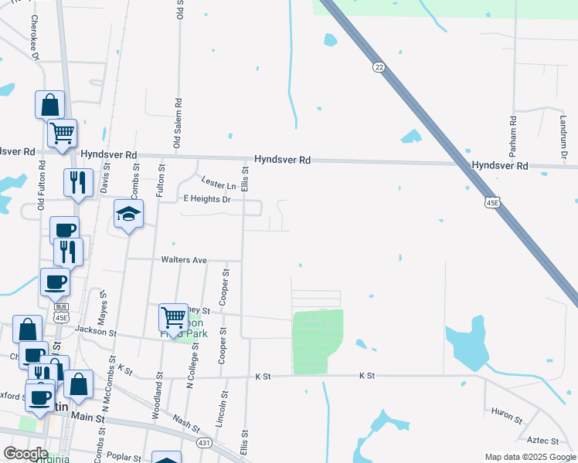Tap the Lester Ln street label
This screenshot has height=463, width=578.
click(219, 186)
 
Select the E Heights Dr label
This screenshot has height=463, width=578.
click(206, 199)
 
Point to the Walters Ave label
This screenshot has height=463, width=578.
click(183, 260)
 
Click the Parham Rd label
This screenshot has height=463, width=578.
click(513, 132)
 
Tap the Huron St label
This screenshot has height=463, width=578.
click(507, 416)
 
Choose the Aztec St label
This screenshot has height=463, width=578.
click(542, 441)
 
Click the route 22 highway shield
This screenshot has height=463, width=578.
click(379, 68)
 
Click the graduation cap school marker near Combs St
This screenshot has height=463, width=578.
click(129, 214)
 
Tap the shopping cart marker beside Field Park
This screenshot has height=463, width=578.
click(173, 316)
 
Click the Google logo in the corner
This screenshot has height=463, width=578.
click(25, 454)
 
